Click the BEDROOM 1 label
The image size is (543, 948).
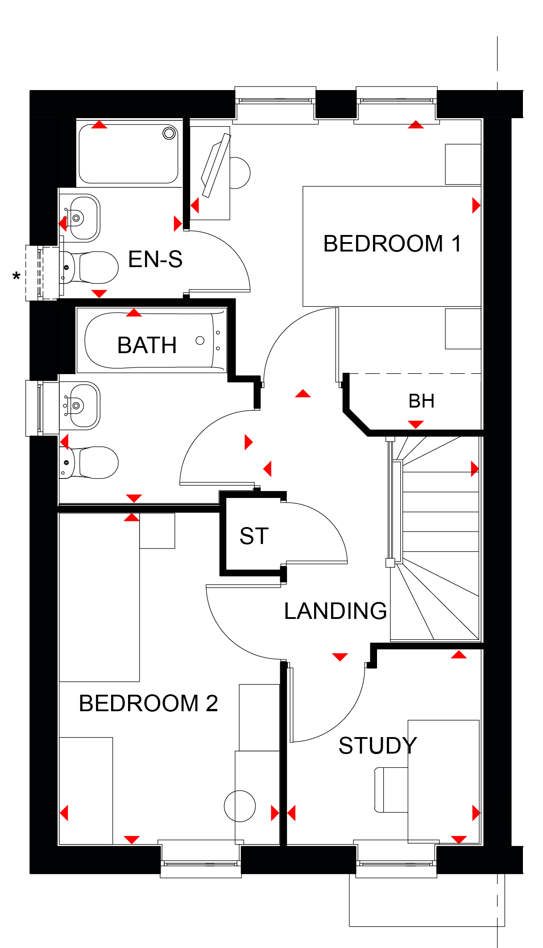pyautogui.click(x=392, y=243)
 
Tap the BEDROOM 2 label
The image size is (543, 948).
pyautogui.click(x=148, y=703)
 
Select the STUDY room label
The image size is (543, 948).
pyautogui.click(x=377, y=745)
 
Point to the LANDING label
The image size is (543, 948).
pyautogui.click(x=336, y=610)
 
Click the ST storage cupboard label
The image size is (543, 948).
pyautogui.click(x=254, y=536)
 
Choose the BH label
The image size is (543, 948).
pyautogui.click(x=421, y=401)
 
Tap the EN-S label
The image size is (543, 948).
pyautogui.click(x=155, y=259)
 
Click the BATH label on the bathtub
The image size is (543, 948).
pyautogui.click(x=147, y=345)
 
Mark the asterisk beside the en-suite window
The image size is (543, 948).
pyautogui.click(x=17, y=277)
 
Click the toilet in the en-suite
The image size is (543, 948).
pyautogui.click(x=89, y=268)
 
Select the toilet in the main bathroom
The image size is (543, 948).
pyautogui.click(x=89, y=462)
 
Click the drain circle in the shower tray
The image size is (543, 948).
pyautogui.click(x=169, y=133)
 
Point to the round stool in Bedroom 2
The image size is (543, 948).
pyautogui.click(x=240, y=806)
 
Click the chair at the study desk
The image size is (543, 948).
pyautogui.click(x=391, y=790)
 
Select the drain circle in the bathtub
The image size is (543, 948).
pyautogui.click(x=200, y=341)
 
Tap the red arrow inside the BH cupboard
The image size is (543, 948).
pyautogui.click(x=415, y=424)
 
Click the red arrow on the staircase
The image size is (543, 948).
pyautogui.click(x=475, y=469)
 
